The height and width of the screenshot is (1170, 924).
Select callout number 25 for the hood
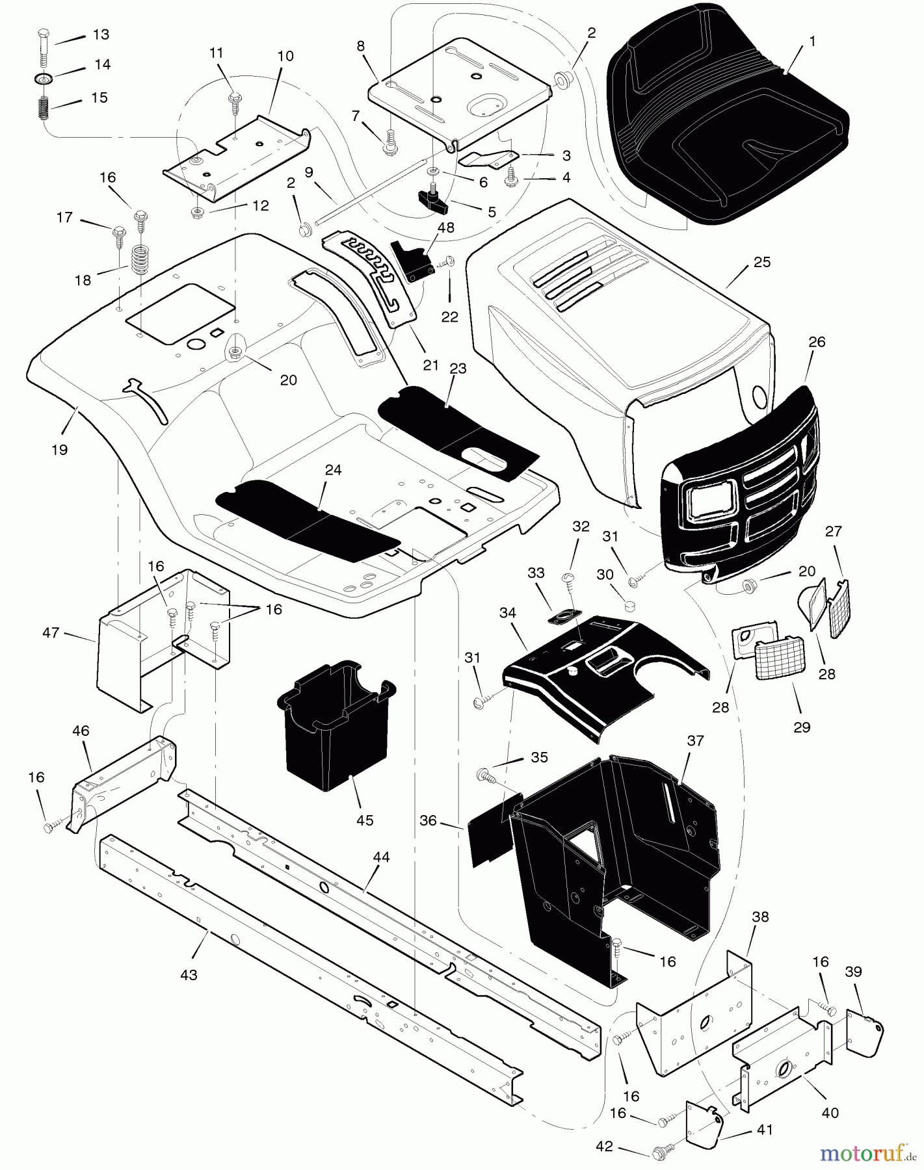(761, 263)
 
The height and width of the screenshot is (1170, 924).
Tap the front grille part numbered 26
(741, 494)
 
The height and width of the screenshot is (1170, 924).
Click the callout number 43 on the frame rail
(189, 975)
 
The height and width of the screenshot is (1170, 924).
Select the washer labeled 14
(43, 79)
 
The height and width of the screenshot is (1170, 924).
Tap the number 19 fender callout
(59, 450)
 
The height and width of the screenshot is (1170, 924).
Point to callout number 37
(695, 741)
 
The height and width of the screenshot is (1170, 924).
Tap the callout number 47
(51, 632)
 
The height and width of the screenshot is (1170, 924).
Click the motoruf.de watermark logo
(864, 1153)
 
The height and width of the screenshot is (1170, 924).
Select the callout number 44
(381, 857)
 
